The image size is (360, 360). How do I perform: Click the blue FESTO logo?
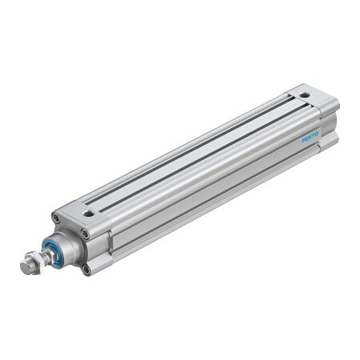[310, 138]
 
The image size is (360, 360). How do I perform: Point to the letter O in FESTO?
[317, 134]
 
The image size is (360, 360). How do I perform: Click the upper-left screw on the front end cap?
[56, 218]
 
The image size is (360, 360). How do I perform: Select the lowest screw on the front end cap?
[86, 270]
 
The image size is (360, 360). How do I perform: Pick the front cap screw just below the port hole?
[85, 234]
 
